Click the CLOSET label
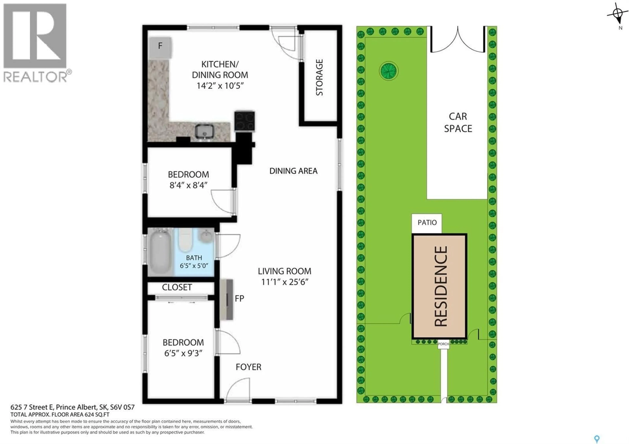point(177,287)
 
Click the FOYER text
point(248,367)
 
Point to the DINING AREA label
point(293,171)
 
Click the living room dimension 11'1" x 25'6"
point(285,282)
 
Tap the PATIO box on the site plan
point(427,222)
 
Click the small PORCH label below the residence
point(443,344)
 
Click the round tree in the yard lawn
point(389,71)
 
